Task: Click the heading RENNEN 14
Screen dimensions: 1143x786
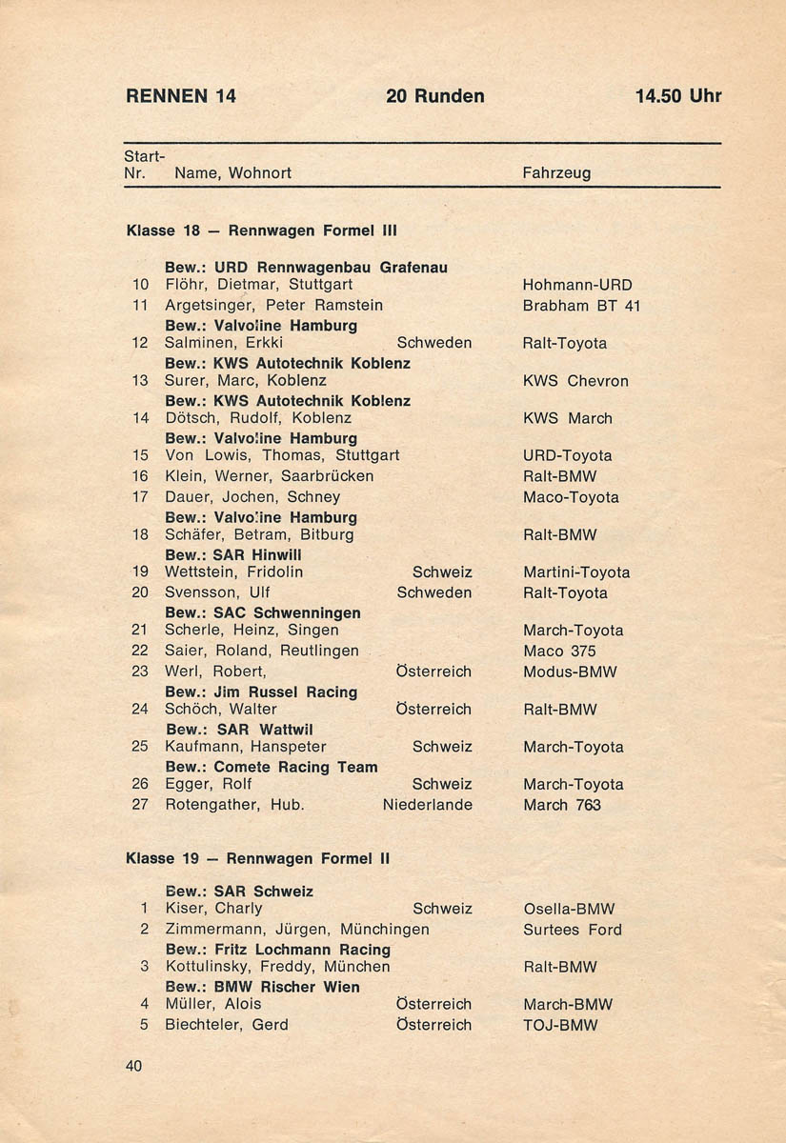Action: pos(181,96)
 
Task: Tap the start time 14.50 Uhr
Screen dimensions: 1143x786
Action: pos(678,96)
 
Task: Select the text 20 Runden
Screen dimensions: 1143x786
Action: pos(435,96)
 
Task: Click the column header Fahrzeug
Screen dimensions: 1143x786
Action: pos(556,173)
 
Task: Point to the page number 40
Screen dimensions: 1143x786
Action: pos(133,1067)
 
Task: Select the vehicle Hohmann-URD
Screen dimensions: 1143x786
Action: pos(577,285)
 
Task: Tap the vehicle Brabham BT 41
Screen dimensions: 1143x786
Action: pos(581,306)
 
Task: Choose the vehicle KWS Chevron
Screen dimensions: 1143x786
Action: pos(575,381)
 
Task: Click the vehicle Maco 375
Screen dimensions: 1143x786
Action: pos(559,652)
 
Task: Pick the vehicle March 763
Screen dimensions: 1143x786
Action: pos(562,806)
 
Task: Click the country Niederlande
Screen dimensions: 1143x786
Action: pos(427,806)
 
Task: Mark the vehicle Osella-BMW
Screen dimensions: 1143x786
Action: pos(569,910)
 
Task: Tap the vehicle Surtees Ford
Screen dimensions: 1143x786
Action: pos(572,931)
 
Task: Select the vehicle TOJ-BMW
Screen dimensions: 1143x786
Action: pos(560,1026)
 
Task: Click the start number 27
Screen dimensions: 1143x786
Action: pos(140,806)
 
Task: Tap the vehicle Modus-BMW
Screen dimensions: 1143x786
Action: pos(570,672)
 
